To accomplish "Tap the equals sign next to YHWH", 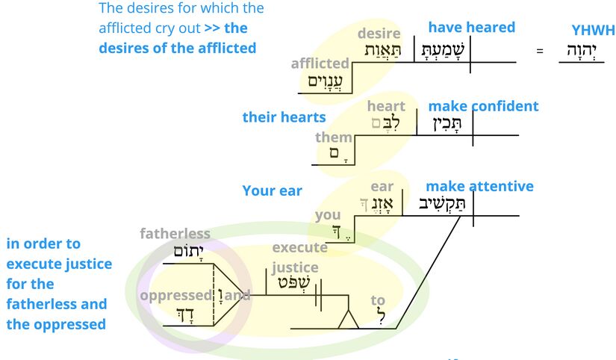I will click(540, 51).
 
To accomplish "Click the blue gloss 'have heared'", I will click(471, 28).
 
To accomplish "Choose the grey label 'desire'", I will click(379, 34).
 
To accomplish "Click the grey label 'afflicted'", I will click(320, 63).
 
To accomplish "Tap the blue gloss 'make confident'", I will click(482, 106).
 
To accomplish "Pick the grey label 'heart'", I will click(385, 106).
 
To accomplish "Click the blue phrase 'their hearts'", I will click(284, 117).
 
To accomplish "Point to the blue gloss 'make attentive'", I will click(479, 186).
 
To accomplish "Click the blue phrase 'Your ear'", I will click(272, 190).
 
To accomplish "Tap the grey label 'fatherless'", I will click(175, 234).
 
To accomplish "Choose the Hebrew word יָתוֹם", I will click(178, 252).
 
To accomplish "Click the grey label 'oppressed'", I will click(175, 295).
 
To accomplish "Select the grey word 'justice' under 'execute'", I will click(295, 267).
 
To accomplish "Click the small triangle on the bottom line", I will click(347, 320).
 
